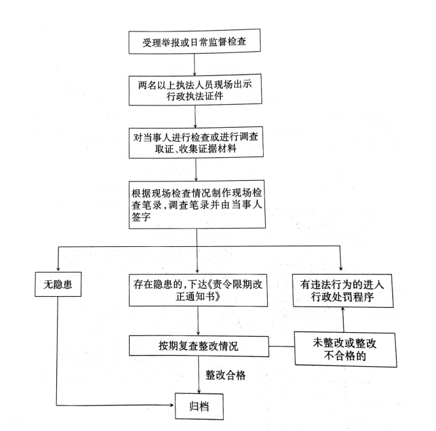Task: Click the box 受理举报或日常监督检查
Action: (194, 41)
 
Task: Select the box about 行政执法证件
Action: (195, 90)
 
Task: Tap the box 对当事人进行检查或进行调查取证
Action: (196, 143)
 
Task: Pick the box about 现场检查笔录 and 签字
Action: (197, 204)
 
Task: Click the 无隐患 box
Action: (58, 284)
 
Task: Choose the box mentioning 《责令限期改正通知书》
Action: (198, 290)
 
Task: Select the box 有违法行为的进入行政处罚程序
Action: (343, 290)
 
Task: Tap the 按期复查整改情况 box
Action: (199, 346)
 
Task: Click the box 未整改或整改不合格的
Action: (346, 349)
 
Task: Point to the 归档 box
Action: (199, 406)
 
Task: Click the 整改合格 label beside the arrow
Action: (225, 375)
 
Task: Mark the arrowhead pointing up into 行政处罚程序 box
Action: (343, 309)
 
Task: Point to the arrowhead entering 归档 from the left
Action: (172, 405)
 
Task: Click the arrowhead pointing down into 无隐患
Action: (58, 269)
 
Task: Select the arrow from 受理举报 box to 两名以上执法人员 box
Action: (194, 64)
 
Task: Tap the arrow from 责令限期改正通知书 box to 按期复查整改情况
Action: (198, 321)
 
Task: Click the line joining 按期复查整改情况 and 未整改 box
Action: (282, 347)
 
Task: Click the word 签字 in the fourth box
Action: (141, 217)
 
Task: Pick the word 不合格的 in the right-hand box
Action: (345, 356)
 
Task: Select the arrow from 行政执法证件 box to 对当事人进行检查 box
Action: (195, 117)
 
